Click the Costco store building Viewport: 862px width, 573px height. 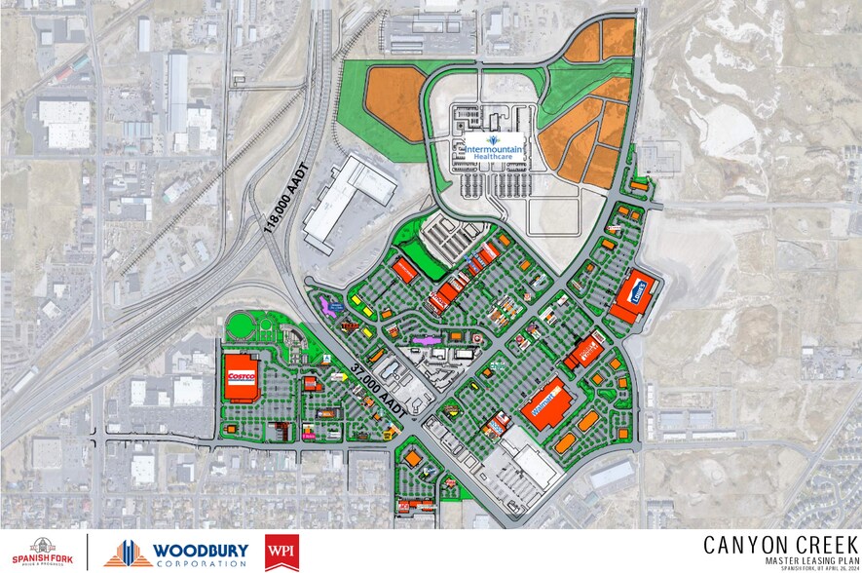(x=241, y=375)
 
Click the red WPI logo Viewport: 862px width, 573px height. (x=281, y=553)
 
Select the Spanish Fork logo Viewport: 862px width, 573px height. (x=43, y=553)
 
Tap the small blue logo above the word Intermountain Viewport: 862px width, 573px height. (x=493, y=139)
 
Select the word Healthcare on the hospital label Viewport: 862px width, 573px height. (x=494, y=163)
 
